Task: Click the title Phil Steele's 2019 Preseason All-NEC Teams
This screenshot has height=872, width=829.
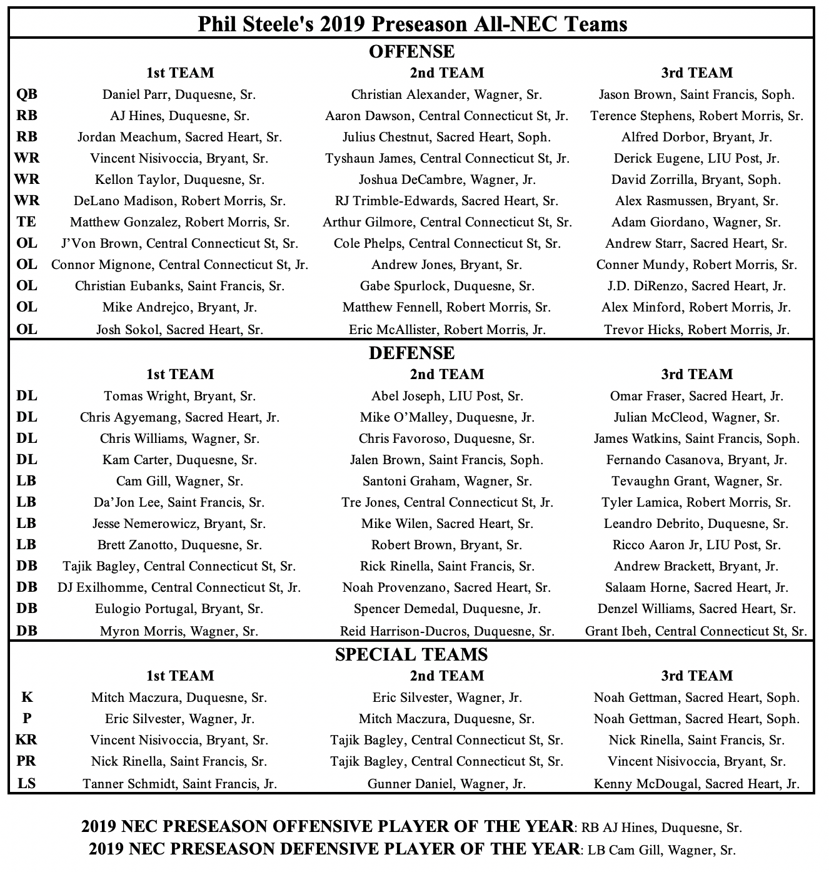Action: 412,24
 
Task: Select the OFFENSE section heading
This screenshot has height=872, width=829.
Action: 412,51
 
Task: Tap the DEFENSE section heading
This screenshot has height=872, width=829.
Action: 412,353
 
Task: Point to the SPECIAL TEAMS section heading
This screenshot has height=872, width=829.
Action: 412,654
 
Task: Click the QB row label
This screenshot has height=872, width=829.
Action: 27,94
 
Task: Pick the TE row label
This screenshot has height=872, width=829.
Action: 27,222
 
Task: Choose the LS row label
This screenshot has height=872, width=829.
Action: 27,783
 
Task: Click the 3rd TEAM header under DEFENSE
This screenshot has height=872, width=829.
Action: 696,374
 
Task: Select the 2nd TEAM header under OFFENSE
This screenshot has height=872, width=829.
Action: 446,73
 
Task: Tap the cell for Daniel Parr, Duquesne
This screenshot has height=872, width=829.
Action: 179,95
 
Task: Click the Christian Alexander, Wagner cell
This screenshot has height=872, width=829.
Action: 446,95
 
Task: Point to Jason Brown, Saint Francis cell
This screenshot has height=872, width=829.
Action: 696,95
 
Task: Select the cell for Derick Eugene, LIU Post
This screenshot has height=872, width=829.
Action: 696,159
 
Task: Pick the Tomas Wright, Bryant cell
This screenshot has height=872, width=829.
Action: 179,397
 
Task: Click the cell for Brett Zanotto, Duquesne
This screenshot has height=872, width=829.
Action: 179,545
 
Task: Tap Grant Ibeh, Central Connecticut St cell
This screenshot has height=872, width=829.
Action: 696,631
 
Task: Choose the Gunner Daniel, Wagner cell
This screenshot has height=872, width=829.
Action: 446,784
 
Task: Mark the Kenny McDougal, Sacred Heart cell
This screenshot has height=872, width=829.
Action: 696,784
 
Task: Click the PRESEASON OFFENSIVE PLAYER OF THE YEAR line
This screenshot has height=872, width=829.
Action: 412,828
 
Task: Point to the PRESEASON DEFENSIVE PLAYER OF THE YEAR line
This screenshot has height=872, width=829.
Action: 412,850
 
